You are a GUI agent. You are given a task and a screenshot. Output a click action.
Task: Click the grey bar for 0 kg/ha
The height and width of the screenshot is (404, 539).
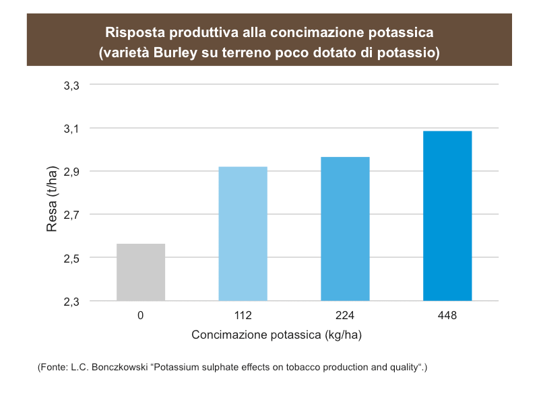pos(141,272)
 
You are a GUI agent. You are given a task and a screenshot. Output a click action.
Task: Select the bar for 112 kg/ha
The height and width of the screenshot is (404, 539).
pos(243,234)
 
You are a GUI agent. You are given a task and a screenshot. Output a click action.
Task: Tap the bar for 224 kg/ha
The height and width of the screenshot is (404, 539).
pos(345,229)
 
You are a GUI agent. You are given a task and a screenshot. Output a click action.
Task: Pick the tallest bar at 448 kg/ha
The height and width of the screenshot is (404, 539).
pos(447,215)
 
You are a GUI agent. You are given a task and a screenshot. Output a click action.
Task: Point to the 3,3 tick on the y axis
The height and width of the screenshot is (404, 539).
pos(71,86)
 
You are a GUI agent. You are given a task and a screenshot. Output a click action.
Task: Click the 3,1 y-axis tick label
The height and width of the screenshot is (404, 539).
pos(71,129)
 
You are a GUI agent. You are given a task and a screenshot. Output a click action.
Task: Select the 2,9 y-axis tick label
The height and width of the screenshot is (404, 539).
pos(71,172)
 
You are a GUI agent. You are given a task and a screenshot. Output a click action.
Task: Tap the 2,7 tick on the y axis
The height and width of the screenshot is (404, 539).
pos(71,215)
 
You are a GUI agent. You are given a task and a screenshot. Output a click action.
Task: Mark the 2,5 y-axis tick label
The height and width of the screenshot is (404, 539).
pos(71,259)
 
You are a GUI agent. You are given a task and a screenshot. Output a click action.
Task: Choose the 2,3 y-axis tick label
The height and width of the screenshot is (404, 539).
pos(71,302)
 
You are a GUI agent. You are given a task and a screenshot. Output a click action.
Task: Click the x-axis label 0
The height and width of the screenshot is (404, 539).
pos(141,315)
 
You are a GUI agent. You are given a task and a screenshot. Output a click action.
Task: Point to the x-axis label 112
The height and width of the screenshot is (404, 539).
pos(243,315)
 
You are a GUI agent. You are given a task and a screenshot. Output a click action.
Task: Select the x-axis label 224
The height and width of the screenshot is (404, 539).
pos(345,315)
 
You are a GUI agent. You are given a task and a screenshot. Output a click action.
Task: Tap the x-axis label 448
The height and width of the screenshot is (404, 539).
pos(447,315)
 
